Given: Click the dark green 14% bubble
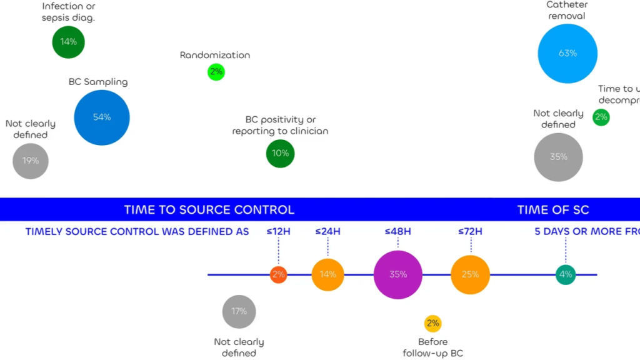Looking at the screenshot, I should point(68,42).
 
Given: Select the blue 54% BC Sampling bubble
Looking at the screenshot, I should point(102,117).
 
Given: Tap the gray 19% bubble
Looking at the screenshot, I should point(31,161).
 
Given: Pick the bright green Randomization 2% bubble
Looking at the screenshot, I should point(216,72).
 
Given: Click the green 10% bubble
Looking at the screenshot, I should point(280,153).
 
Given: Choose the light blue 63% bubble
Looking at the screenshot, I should point(567,54).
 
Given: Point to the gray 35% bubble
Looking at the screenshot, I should point(558,157).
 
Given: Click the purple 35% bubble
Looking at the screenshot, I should point(398,274).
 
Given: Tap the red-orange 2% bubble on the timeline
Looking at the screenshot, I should point(279,274).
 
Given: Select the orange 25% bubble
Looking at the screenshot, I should point(470,274).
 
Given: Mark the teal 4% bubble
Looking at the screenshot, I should point(566,274).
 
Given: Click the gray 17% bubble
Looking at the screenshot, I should point(239,311).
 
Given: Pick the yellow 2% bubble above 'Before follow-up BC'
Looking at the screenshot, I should point(432,323).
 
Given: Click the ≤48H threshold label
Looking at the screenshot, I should point(397,231).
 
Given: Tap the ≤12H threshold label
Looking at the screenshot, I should point(279,231).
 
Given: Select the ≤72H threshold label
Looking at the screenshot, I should point(470,231).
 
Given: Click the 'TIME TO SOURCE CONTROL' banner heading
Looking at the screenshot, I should point(209,210).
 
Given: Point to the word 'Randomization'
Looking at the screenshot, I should point(215,55).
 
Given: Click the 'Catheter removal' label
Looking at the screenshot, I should point(567,10).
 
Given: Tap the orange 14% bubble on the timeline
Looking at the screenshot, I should point(328,274).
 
